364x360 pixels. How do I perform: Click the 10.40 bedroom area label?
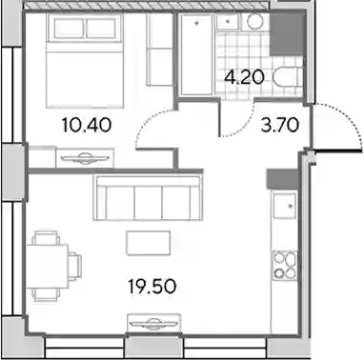(87, 125)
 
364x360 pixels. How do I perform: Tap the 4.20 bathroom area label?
(244, 77)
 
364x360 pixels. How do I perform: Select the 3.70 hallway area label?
(280, 125)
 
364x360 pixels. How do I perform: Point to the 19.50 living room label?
(152, 287)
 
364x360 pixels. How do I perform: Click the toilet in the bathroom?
(287, 76)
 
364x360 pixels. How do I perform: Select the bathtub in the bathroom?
(196, 54)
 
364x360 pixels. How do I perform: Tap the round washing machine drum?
(254, 22)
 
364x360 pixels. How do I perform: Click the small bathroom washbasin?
(228, 22)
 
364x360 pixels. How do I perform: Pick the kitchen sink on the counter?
(285, 207)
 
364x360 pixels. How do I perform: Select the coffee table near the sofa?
(148, 243)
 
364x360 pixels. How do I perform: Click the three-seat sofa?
(148, 198)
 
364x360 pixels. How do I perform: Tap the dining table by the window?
(48, 266)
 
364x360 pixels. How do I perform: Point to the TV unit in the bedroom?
(85, 158)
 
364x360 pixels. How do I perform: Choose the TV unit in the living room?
(154, 323)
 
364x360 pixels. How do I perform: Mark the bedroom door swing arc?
(149, 120)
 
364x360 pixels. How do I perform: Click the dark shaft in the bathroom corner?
(285, 35)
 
